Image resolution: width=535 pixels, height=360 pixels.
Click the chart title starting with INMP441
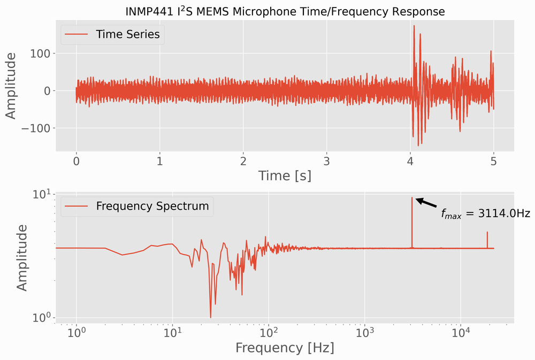[285, 11]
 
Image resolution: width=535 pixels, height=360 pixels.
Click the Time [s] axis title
[285, 175]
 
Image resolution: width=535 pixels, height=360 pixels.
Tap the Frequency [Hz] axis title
[285, 348]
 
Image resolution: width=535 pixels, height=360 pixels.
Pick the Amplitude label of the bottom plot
[21, 257]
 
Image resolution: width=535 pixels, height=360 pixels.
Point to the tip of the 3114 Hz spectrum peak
[412, 198]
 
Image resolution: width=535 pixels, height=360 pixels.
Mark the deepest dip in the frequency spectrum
[210, 317]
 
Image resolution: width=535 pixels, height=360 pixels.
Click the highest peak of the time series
[414, 26]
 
